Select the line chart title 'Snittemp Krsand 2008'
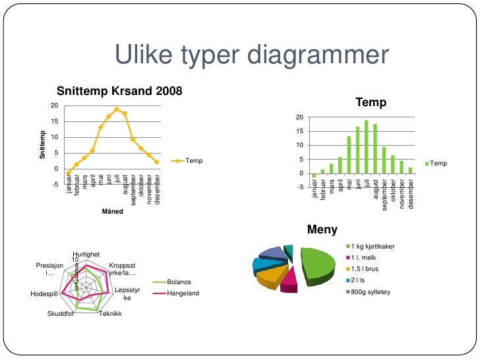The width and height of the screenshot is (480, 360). point(119,90)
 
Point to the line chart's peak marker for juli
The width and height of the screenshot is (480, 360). point(117,109)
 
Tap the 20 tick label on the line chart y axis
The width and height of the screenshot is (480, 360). point(54,106)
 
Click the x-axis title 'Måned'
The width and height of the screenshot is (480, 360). point(113,212)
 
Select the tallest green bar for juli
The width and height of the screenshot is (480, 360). point(366,147)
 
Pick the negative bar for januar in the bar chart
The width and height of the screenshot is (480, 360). point(314,175)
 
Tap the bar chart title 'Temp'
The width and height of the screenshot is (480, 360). point(371,103)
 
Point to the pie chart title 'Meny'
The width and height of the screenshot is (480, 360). point(322,230)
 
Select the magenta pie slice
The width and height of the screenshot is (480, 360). point(288,280)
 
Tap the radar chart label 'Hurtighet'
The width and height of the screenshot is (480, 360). point(86,254)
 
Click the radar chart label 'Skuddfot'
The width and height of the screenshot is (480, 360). point(61,313)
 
